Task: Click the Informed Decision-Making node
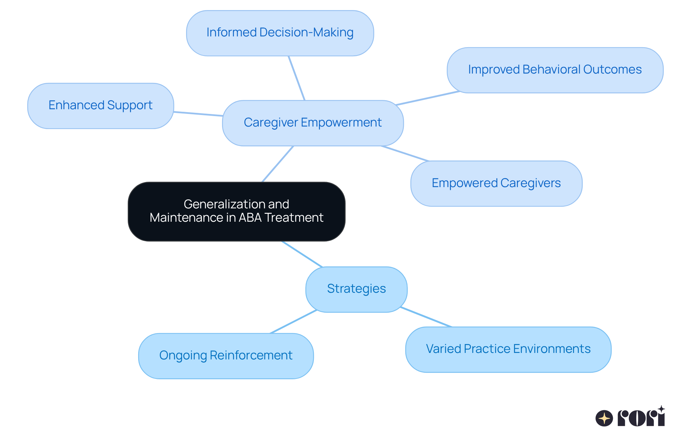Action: point(280,33)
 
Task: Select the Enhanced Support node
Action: point(100,106)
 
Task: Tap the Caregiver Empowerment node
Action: point(313,123)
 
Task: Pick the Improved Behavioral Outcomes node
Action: point(555,70)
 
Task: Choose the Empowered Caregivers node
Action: point(496,183)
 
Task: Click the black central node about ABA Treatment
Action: point(236,211)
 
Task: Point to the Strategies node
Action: point(356,289)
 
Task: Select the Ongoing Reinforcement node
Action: point(226,356)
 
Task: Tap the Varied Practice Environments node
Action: point(508,349)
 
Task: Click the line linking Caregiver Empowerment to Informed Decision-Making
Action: point(297,78)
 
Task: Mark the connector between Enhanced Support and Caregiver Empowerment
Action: point(198,114)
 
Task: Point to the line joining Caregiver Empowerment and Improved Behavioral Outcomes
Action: point(428,98)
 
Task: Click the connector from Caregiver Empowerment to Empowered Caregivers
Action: point(405,154)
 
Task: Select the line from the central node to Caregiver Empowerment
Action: point(278,164)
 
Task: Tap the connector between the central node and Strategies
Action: point(302,254)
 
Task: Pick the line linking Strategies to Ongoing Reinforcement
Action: point(293,322)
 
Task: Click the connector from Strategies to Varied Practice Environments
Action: point(426,317)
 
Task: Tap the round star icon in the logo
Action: point(604,418)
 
